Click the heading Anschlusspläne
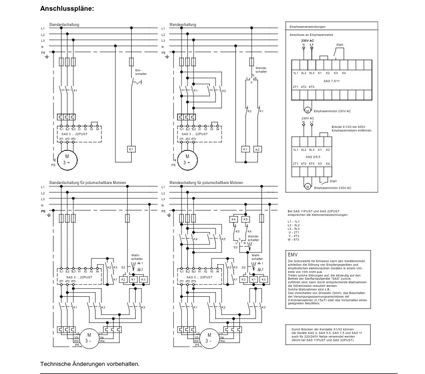pos(67,9)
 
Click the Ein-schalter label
pos(137,72)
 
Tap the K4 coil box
pos(233,219)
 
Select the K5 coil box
pos(245,219)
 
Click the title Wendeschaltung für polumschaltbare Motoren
pos(206,183)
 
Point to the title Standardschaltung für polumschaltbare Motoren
pos(88,183)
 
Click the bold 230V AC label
pos(307,40)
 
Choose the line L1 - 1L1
pos(294,221)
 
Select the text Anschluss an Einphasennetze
pos(311,35)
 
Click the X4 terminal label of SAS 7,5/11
pos(343,73)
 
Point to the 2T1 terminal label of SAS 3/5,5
pos(296,163)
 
